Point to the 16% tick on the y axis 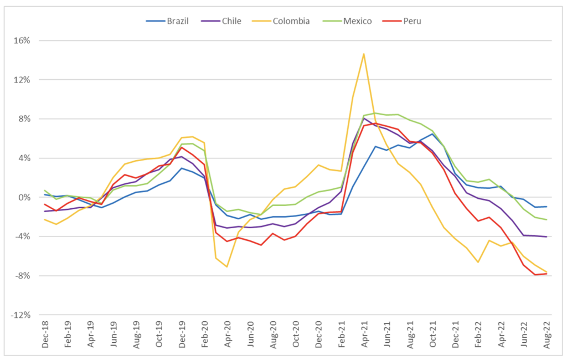point(23,41)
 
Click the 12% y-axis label point(23,80)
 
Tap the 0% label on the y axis point(25,198)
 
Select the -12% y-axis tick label point(21,315)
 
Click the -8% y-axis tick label point(23,276)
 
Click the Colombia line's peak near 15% point(364,54)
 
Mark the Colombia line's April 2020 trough point(227,267)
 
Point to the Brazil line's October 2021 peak point(432,133)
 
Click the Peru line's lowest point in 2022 point(535,275)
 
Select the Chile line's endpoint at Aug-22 point(547,237)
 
